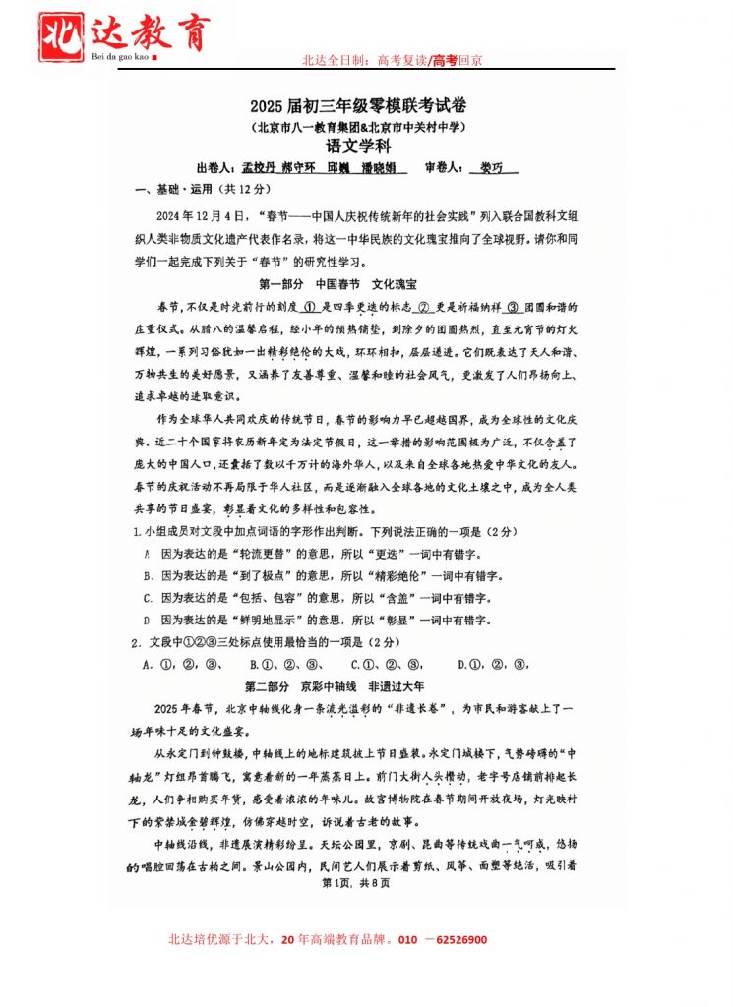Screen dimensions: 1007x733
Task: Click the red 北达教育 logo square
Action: pos(60,35)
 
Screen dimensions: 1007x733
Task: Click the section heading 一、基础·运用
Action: pos(177,189)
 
